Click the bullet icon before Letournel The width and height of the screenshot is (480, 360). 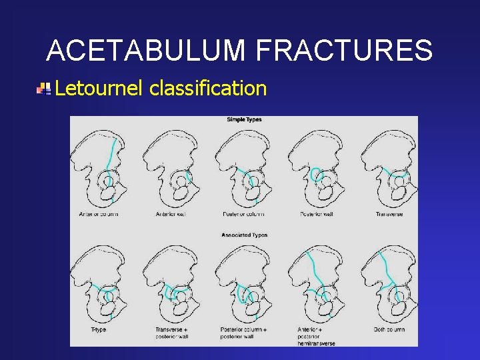44,88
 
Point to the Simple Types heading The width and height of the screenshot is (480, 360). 244,120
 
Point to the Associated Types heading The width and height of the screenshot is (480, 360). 244,235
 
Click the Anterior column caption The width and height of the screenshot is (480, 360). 99,214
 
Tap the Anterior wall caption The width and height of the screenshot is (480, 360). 172,214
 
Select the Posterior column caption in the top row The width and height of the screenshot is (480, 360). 243,214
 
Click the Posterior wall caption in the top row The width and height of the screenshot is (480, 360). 316,214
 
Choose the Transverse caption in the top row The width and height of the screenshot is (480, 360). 389,214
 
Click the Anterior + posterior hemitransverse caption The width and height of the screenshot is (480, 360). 317,336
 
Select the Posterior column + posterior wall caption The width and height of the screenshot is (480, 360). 244,333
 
